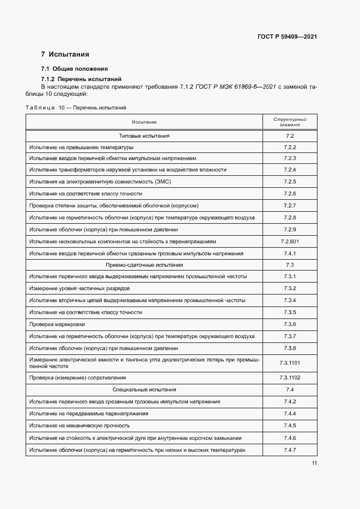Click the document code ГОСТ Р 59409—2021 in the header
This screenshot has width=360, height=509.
[287, 36]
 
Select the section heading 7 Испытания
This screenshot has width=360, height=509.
[65, 54]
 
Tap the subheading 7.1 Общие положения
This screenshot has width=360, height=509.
[75, 69]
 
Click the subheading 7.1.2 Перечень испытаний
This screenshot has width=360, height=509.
[81, 78]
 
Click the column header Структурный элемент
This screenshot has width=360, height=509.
[289, 121]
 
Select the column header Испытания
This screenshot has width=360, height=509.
[144, 122]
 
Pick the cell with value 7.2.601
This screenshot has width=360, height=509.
[289, 241]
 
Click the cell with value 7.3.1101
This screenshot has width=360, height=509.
[289, 363]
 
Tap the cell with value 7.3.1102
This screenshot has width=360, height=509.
[289, 378]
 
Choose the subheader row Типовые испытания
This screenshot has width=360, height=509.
[144, 136]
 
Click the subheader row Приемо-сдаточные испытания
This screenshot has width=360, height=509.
[144, 265]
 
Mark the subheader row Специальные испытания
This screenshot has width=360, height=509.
[144, 390]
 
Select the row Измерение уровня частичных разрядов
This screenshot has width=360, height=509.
[80, 289]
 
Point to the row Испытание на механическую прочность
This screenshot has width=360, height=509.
[80, 426]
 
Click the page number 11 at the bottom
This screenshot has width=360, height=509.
[314, 463]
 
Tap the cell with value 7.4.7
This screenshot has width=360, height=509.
[289, 450]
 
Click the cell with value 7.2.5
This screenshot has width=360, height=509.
[289, 181]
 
